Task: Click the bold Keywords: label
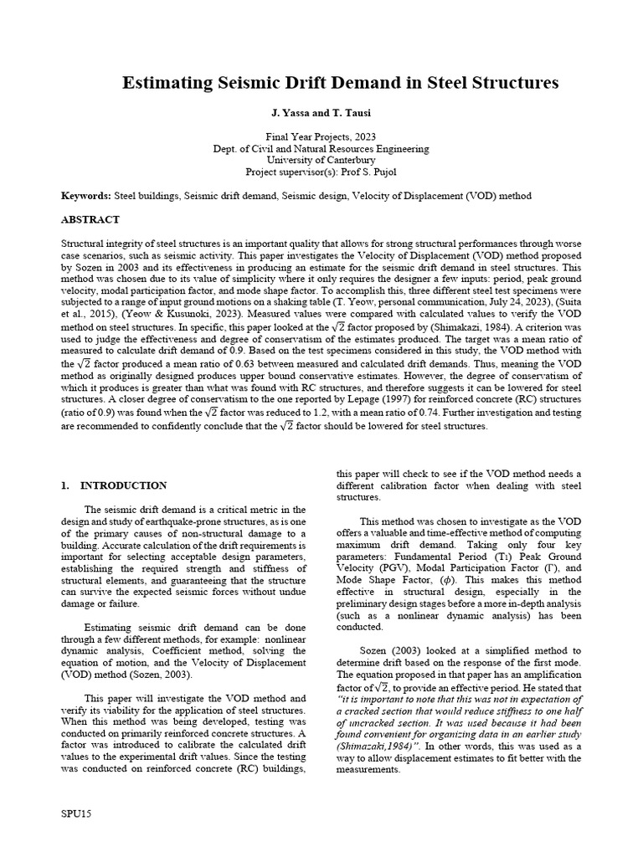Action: (x=86, y=196)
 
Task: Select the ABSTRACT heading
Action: (x=90, y=220)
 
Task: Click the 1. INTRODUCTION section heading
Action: (x=115, y=485)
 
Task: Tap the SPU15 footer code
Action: (x=75, y=813)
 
